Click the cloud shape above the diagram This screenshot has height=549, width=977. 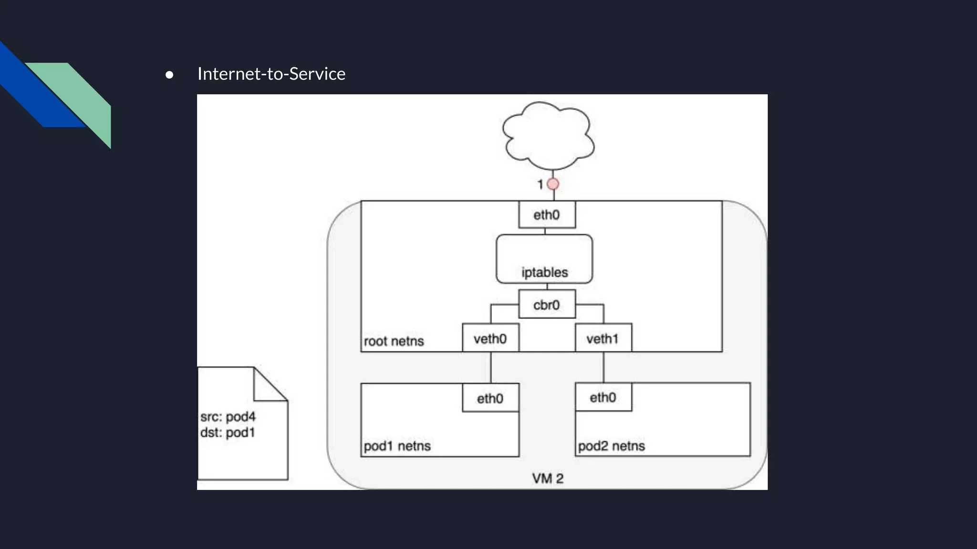click(548, 136)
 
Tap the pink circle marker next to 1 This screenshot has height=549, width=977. click(553, 184)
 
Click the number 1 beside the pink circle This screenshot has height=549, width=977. click(540, 184)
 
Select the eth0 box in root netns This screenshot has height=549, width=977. click(547, 214)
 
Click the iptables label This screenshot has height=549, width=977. click(544, 272)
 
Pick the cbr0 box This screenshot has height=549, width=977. click(547, 304)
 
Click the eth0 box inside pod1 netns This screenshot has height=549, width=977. click(490, 397)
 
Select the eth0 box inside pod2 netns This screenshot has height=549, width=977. click(603, 396)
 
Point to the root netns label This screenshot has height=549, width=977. click(394, 341)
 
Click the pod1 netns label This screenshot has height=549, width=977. click(397, 446)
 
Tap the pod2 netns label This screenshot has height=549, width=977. click(611, 446)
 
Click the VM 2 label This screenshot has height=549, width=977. click(548, 478)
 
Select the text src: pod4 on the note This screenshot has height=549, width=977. click(228, 417)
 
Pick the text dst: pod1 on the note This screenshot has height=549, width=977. click(228, 432)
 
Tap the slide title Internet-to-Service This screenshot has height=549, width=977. click(271, 74)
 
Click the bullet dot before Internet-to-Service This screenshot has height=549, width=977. click(169, 75)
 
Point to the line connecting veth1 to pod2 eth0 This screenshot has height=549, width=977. click(603, 367)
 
